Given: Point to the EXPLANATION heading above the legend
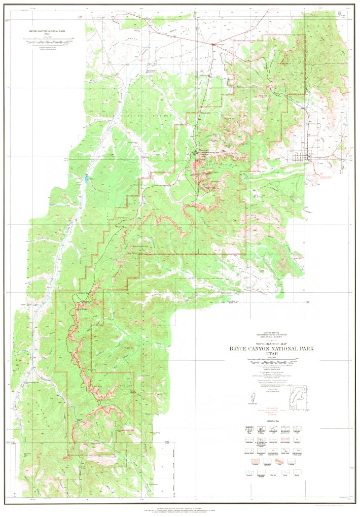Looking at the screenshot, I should [x=273, y=421].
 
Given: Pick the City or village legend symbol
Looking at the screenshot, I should [x=249, y=429].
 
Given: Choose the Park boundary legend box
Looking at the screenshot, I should [x=285, y=439].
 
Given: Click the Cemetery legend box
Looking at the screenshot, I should [x=297, y=439].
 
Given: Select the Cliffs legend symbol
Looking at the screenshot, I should [x=279, y=461].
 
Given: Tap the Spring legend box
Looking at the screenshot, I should [x=297, y=472].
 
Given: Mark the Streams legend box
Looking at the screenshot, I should [x=249, y=472].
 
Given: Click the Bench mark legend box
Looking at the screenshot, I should [x=285, y=450].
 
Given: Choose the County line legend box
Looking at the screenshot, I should [x=273, y=439].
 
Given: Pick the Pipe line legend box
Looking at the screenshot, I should [x=273, y=472].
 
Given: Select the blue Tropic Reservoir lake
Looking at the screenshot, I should [x=87, y=178].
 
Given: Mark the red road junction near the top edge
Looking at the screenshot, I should [x=213, y=44].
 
